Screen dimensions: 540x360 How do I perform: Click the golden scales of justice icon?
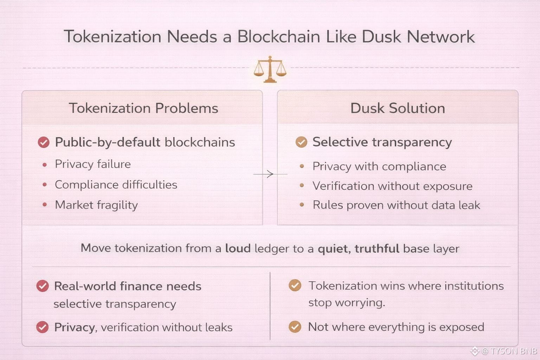270,69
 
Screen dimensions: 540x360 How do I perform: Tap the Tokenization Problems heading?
143,108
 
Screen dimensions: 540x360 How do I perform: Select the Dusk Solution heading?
398,108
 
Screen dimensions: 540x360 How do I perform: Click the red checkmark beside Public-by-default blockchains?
44,142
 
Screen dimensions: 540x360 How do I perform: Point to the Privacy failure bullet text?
93,164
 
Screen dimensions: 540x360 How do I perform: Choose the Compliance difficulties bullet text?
116,185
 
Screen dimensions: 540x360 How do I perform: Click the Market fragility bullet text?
96,205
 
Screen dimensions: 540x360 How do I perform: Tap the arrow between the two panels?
269,174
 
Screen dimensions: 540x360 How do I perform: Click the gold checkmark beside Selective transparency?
301,142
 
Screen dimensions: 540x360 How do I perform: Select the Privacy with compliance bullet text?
379,166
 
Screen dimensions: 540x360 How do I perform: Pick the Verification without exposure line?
392,186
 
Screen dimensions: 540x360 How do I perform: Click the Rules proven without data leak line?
396,205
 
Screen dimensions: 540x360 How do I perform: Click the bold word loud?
238,248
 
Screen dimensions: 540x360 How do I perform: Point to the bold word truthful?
377,248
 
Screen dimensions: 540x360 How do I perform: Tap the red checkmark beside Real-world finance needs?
43,286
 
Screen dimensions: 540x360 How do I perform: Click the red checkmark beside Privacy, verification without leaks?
43,327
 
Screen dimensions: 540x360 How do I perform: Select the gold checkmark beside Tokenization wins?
295,285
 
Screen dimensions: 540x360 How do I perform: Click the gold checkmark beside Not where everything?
295,327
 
